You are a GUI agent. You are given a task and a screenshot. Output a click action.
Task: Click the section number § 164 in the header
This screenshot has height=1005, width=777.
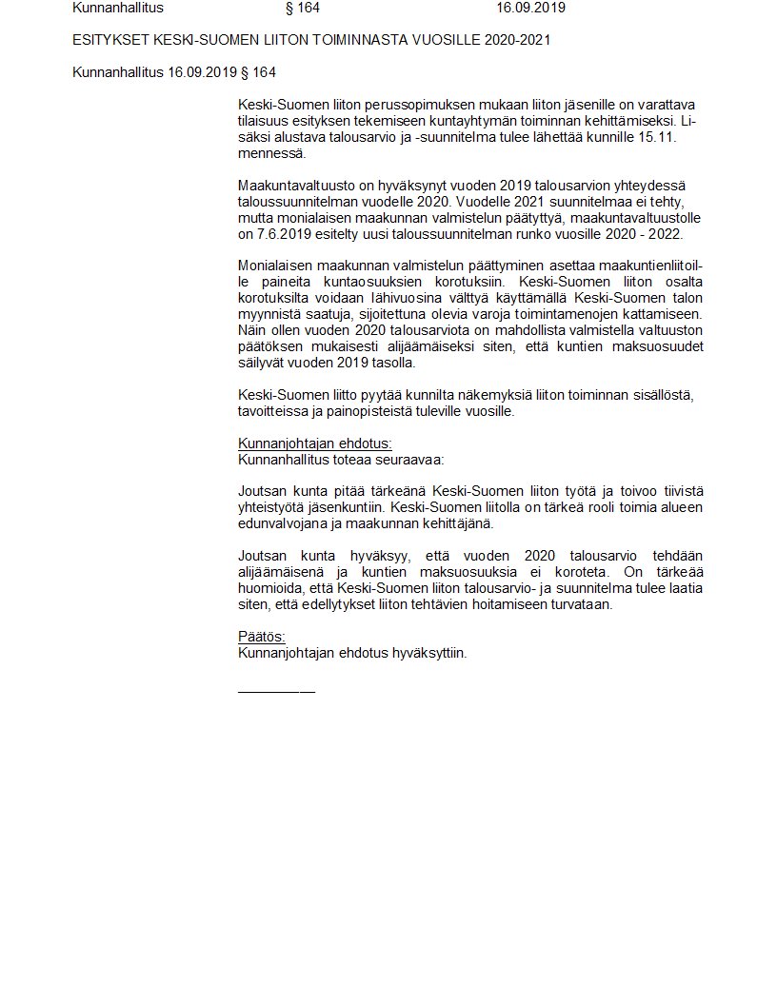click(303, 8)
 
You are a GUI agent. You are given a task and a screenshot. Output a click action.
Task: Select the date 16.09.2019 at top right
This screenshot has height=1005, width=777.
click(530, 8)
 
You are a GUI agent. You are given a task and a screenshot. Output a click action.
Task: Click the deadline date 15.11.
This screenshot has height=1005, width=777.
click(659, 137)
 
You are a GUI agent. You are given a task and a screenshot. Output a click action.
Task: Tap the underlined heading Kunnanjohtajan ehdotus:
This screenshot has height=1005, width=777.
click(314, 443)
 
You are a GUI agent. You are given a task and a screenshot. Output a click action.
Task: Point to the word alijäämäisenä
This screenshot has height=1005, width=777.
click(283, 572)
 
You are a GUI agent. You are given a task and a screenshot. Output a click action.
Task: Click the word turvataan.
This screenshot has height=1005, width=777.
click(581, 604)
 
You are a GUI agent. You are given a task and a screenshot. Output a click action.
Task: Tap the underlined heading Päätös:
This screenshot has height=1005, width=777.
click(261, 637)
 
